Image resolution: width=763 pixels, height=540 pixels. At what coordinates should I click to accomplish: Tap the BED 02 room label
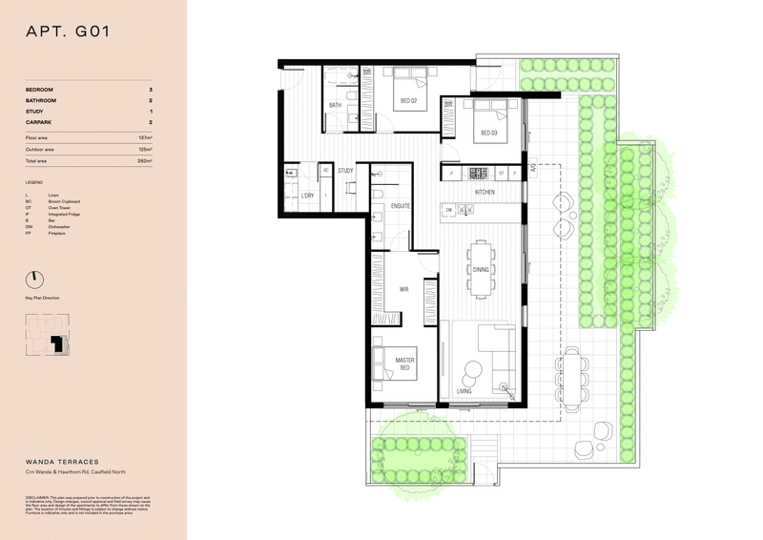click(x=408, y=101)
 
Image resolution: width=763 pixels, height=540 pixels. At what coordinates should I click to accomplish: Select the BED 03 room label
click(x=488, y=133)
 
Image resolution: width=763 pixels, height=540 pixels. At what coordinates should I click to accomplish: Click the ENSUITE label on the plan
click(x=400, y=205)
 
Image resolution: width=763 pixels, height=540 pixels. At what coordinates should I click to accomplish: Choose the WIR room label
click(x=403, y=289)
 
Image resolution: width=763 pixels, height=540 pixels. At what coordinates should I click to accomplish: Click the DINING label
click(x=481, y=269)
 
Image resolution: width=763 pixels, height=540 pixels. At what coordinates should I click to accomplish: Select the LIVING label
click(x=464, y=391)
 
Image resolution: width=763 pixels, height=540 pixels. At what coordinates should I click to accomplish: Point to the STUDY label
click(x=345, y=171)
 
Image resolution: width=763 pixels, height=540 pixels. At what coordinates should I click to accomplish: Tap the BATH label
click(x=335, y=105)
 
